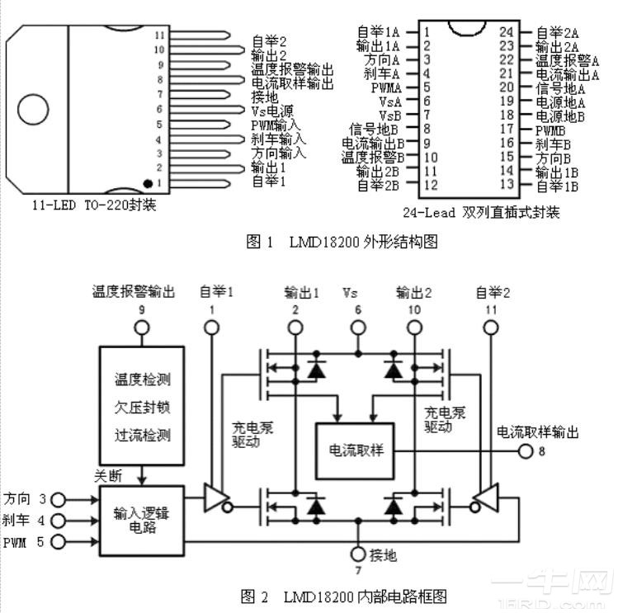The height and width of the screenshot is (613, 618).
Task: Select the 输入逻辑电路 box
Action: click(x=142, y=521)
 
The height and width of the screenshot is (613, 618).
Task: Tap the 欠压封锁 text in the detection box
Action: click(x=142, y=407)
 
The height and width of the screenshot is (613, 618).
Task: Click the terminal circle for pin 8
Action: click(x=526, y=450)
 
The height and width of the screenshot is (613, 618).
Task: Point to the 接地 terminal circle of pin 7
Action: click(x=358, y=554)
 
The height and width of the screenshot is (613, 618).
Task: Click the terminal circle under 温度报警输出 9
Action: click(x=142, y=328)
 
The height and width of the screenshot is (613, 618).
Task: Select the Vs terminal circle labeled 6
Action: click(x=358, y=328)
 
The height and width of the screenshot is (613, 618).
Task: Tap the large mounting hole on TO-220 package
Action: click(x=34, y=110)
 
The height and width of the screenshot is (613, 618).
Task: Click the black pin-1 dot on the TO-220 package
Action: click(x=148, y=182)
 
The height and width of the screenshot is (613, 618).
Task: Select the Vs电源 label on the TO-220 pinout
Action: click(x=271, y=110)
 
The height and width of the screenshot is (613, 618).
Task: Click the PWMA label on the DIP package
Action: click(x=385, y=87)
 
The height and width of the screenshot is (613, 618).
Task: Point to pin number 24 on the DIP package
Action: click(x=507, y=32)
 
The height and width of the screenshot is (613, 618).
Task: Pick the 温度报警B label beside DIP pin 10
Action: click(x=372, y=157)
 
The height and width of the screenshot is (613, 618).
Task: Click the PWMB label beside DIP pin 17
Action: click(x=550, y=129)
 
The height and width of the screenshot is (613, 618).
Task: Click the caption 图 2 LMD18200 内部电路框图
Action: click(x=344, y=595)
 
